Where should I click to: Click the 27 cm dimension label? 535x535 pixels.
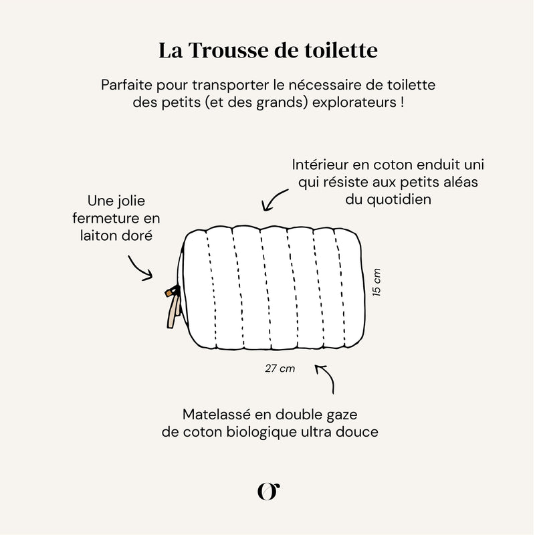coord(280,368)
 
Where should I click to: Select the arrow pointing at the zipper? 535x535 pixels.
coord(140,267)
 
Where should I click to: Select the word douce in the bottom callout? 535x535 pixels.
coord(359,432)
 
